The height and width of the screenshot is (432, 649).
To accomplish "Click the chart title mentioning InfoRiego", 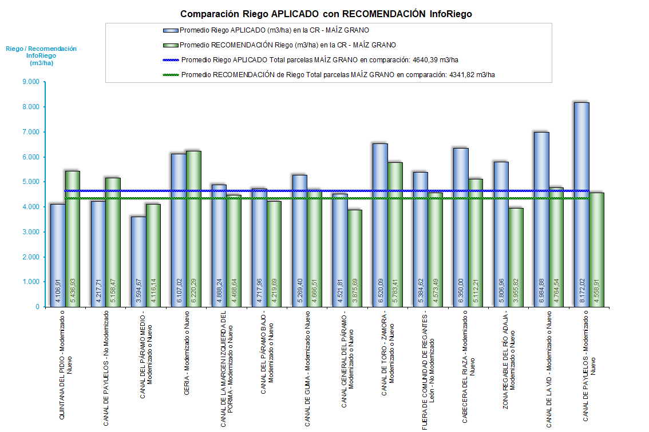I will click(x=326, y=14).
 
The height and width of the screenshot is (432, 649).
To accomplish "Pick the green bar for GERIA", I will click(x=193, y=229).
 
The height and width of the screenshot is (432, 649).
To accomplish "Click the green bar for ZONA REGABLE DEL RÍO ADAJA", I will click(x=516, y=257).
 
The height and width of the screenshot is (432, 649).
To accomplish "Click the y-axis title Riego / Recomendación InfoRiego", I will click(x=41, y=56).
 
